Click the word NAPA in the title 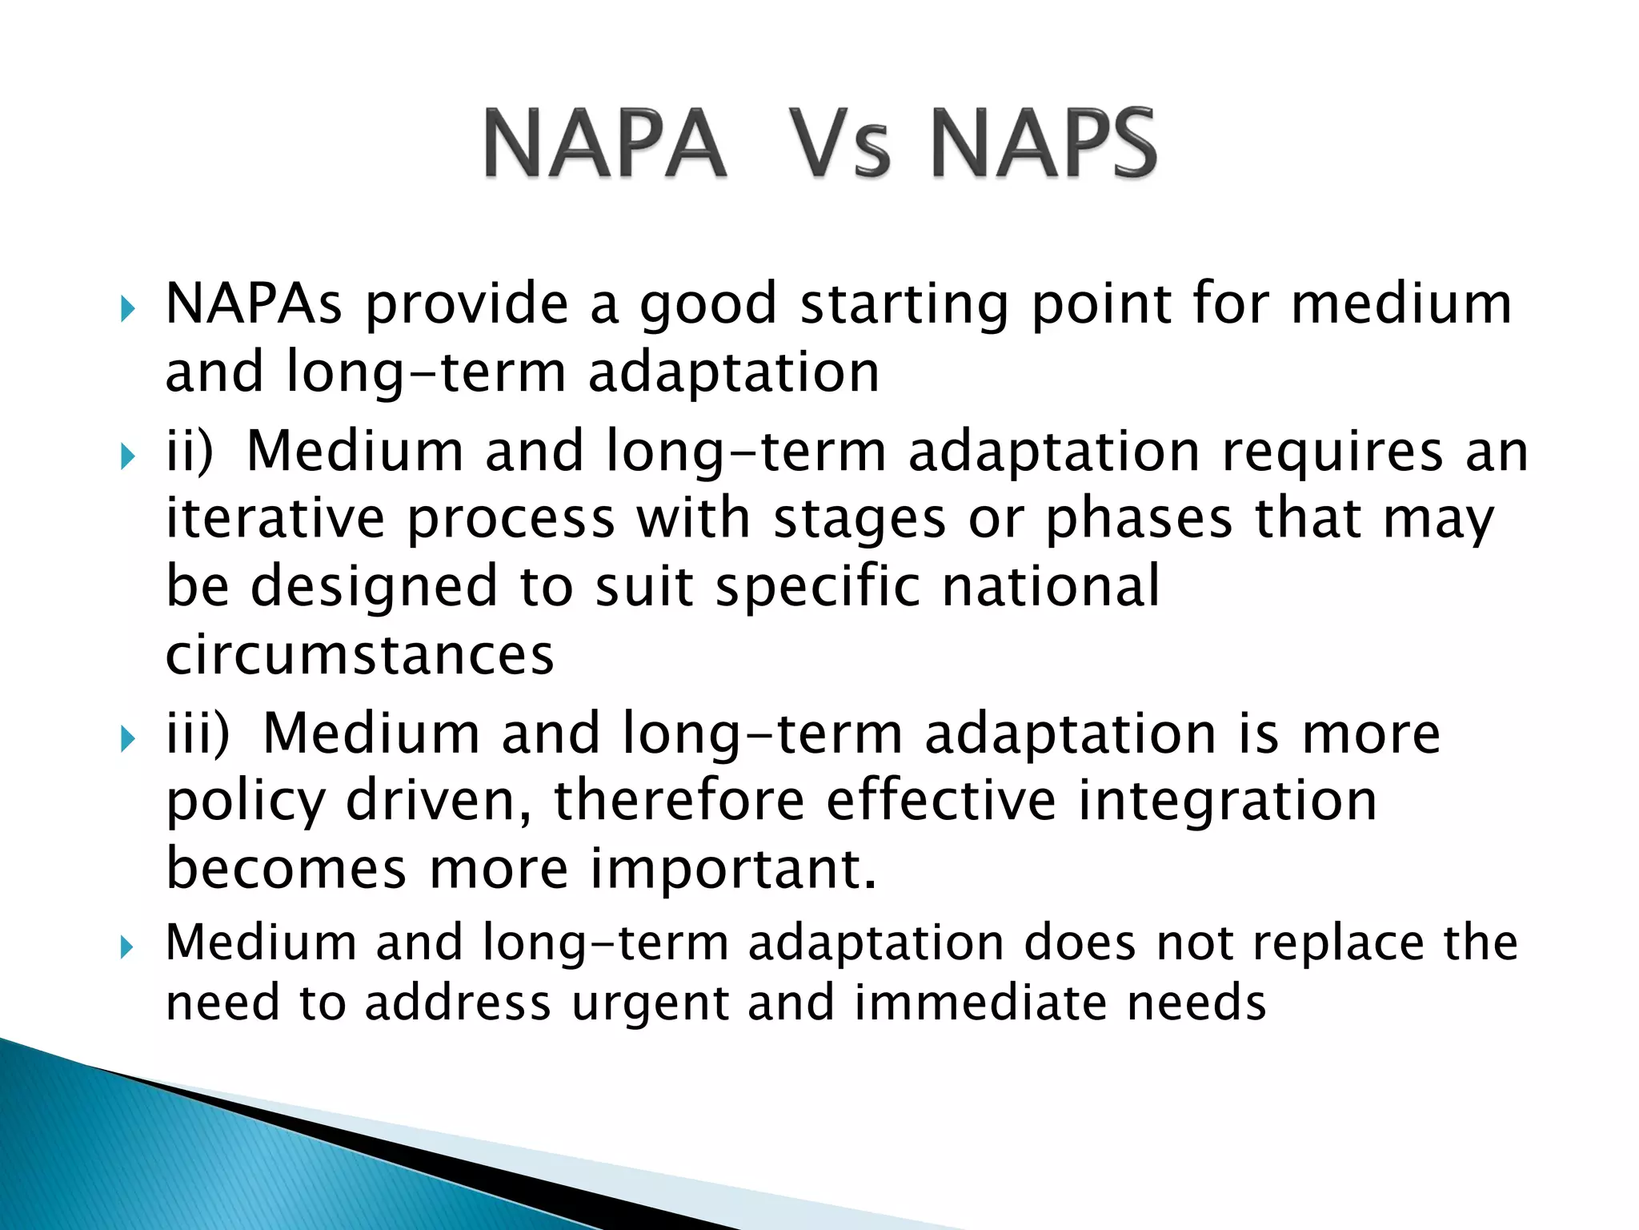tap(605, 144)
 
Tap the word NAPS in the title tap(1044, 144)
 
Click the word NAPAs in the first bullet tap(254, 304)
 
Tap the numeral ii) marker tap(189, 450)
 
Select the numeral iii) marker tap(197, 733)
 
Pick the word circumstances tap(359, 655)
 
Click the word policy tap(245, 802)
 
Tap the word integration tap(1228, 801)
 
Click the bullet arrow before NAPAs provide tap(127, 307)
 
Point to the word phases tap(1140, 519)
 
